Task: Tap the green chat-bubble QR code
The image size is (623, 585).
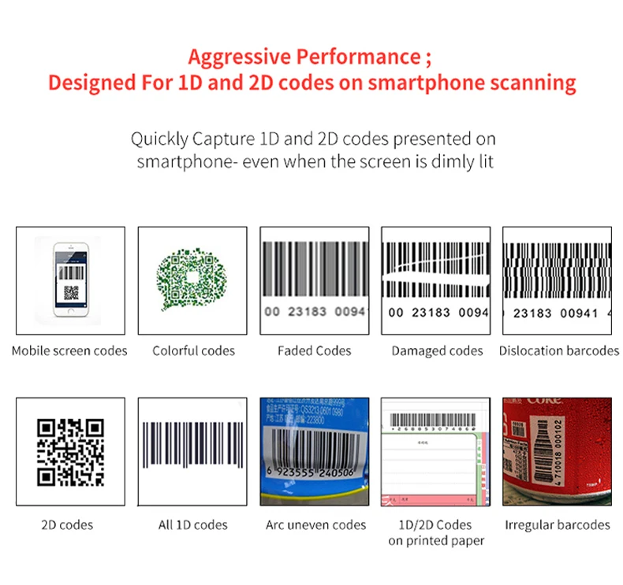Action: click(192, 280)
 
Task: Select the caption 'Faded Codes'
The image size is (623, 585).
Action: click(314, 350)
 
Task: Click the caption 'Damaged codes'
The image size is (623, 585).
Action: click(437, 350)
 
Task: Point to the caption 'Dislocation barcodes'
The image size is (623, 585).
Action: click(558, 350)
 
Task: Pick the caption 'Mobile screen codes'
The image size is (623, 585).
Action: click(69, 350)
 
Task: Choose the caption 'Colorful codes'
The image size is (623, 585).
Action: click(193, 350)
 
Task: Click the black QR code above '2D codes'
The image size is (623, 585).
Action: click(71, 451)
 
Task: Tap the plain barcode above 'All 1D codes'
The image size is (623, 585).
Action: click(192, 450)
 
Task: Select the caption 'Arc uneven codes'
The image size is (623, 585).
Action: click(315, 524)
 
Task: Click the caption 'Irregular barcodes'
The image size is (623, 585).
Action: click(557, 524)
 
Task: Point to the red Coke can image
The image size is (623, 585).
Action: click(557, 451)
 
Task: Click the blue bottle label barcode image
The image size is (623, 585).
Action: click(315, 451)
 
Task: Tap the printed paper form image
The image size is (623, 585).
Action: click(436, 451)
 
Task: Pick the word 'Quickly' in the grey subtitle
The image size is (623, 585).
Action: click(159, 139)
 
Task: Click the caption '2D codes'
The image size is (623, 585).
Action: click(67, 524)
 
